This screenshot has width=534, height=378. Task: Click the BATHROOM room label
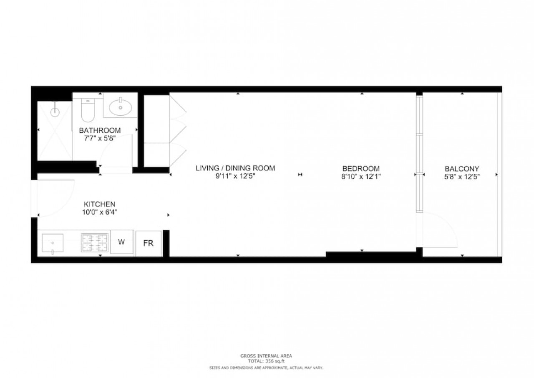pyautogui.click(x=100, y=130)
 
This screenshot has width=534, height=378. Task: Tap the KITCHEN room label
pyautogui.click(x=99, y=204)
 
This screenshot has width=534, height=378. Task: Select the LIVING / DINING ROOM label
pyautogui.click(x=235, y=168)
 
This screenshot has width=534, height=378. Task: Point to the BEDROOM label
pyautogui.click(x=361, y=168)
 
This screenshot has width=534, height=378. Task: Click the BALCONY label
pyautogui.click(x=462, y=169)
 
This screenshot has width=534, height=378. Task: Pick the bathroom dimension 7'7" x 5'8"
pyautogui.click(x=100, y=138)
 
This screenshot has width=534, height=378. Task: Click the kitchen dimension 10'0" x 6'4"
pyautogui.click(x=100, y=212)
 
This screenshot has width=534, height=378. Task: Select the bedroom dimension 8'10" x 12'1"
pyautogui.click(x=361, y=176)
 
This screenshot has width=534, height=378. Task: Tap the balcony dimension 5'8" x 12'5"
pyautogui.click(x=462, y=177)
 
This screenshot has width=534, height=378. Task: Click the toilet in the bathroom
pyautogui.click(x=88, y=110)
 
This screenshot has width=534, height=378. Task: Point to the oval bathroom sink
pyautogui.click(x=121, y=108)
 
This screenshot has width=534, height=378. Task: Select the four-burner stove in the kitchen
pyautogui.click(x=95, y=243)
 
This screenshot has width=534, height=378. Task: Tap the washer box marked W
pyautogui.click(x=121, y=242)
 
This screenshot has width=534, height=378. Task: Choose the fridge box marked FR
pyautogui.click(x=148, y=244)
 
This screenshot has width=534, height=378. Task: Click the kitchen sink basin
pyautogui.click(x=53, y=243)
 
